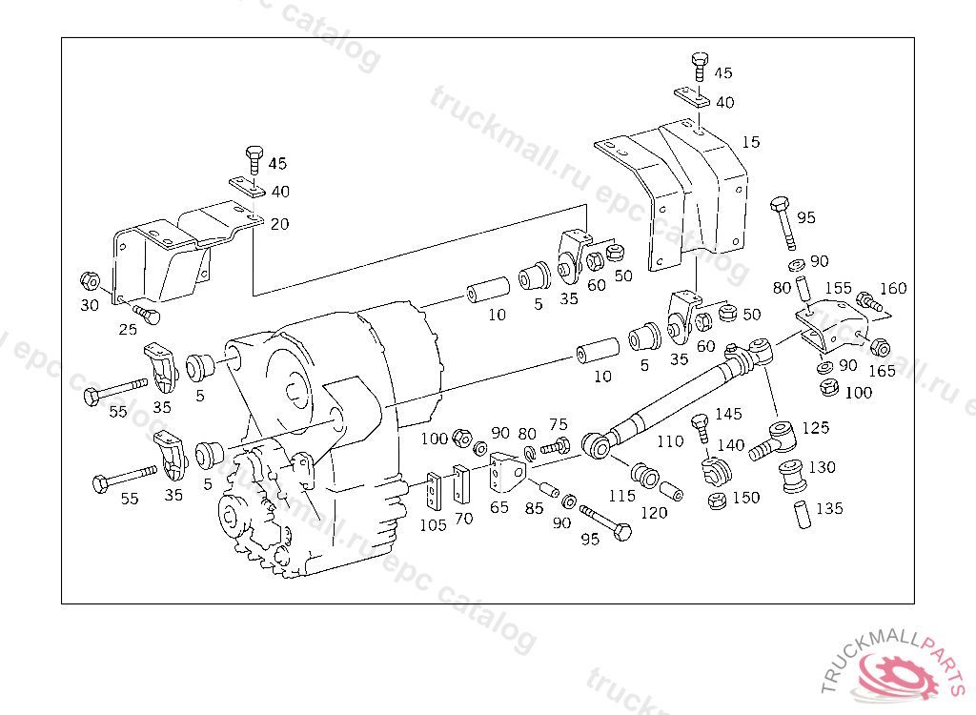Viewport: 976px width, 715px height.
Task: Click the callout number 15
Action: tap(751, 142)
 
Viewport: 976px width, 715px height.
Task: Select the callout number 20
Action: tap(279, 224)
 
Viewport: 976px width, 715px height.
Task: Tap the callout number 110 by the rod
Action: tap(670, 441)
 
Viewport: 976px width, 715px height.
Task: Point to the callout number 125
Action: tap(816, 427)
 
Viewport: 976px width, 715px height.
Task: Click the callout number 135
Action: tap(829, 508)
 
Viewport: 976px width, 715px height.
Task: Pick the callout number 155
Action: tap(838, 288)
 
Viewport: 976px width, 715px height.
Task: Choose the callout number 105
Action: tap(433, 525)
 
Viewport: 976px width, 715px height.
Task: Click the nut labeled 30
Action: tap(91, 281)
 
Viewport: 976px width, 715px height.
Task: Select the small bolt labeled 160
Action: tap(869, 301)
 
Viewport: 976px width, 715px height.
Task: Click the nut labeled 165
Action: tap(880, 348)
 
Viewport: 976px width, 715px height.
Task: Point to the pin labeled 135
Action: tap(803, 514)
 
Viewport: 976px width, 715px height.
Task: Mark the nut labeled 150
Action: tap(717, 500)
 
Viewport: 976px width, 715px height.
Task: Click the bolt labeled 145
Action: tap(701, 428)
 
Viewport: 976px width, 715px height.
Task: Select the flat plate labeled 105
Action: tap(434, 491)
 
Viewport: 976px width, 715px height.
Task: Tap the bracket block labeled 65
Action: tap(506, 473)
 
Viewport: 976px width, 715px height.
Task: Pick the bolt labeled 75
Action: tap(556, 446)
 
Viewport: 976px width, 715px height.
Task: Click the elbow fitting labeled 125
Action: tap(774, 440)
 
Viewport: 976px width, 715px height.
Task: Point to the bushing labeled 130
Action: tap(794, 475)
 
